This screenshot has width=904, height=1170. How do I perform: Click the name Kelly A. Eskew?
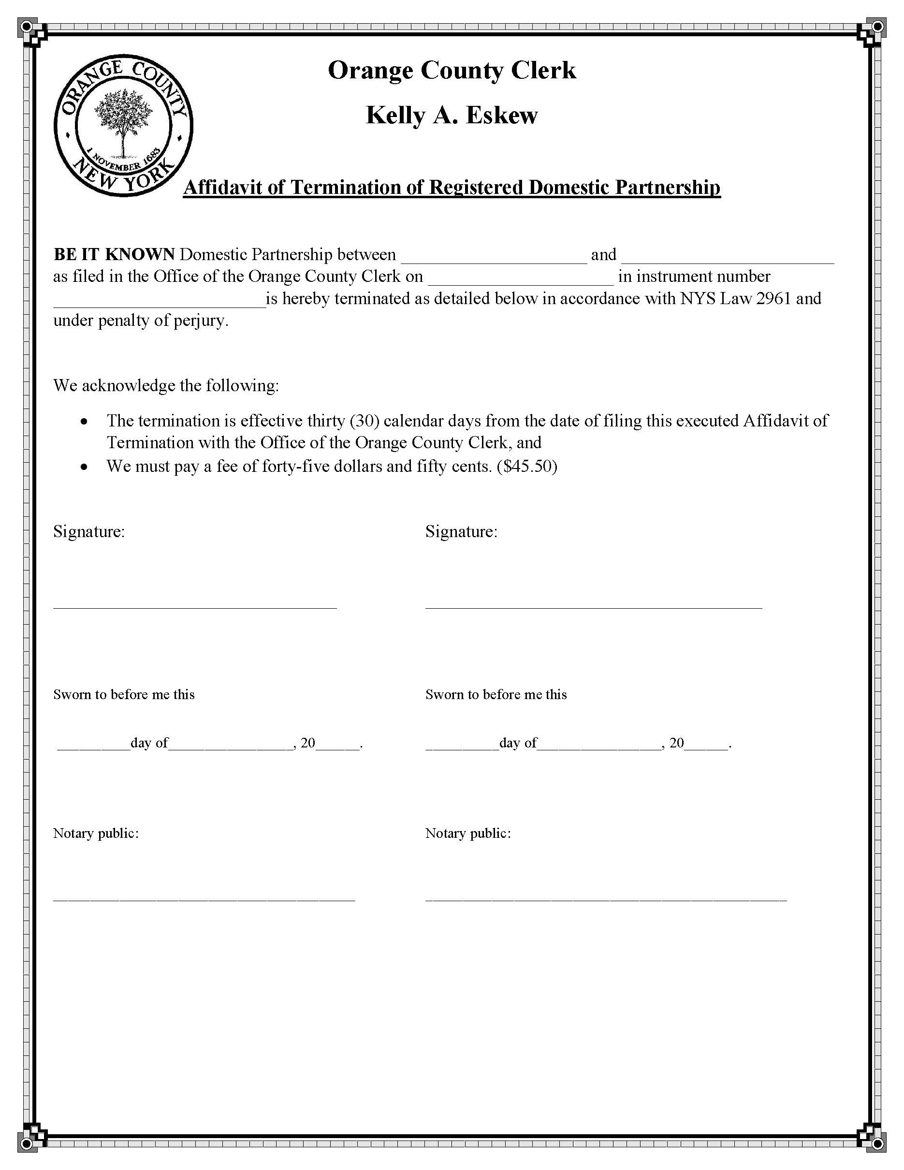pyautogui.click(x=452, y=115)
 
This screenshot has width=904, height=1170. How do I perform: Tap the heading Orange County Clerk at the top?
pyautogui.click(x=452, y=70)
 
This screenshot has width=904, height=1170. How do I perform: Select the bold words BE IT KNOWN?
pyautogui.click(x=114, y=254)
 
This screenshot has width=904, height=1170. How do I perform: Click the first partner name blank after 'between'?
pyautogui.click(x=494, y=257)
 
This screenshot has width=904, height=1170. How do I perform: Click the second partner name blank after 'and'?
pyautogui.click(x=727, y=257)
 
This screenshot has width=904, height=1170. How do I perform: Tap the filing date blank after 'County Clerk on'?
pyautogui.click(x=521, y=279)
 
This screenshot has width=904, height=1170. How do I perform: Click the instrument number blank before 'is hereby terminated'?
pyautogui.click(x=159, y=301)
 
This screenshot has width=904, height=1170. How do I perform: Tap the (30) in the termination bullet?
pyautogui.click(x=364, y=421)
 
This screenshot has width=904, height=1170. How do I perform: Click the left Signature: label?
pyautogui.click(x=89, y=531)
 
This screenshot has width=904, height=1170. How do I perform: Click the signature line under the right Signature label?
pyautogui.click(x=593, y=607)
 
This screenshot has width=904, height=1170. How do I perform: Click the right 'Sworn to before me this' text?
pyautogui.click(x=496, y=694)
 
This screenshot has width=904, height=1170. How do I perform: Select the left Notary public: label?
pyautogui.click(x=96, y=833)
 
